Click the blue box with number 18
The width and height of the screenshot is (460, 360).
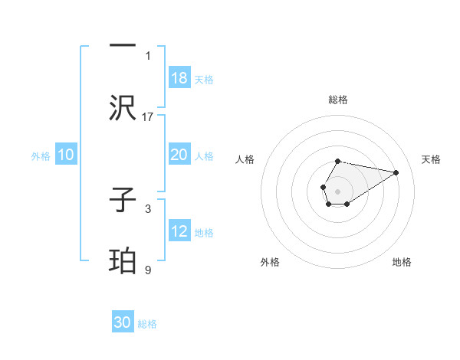coord(179,78)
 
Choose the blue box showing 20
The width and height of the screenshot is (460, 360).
coord(179,155)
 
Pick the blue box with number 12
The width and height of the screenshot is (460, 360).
coord(179,231)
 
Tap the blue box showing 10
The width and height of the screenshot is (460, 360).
coord(66,155)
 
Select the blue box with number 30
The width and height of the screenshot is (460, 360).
coord(123,322)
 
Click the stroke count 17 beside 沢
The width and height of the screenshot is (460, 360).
coord(149,116)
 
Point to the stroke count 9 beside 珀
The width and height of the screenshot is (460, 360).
coord(148,270)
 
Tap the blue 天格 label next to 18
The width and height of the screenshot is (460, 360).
coord(204,80)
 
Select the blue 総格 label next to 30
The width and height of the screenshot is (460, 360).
coord(147,324)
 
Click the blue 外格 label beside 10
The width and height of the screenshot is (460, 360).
coord(41,156)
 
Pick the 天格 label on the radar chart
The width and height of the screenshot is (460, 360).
coord(432,159)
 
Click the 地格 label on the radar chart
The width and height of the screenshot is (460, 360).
coord(402,262)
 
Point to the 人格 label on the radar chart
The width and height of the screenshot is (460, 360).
coord(245,159)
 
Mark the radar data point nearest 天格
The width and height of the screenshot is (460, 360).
coord(396,172)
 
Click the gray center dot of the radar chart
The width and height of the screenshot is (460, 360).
coord(337,191)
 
